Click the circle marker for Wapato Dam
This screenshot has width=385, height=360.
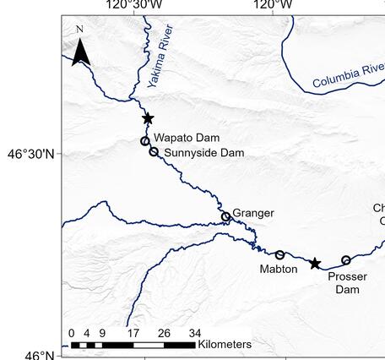click(x=145, y=141)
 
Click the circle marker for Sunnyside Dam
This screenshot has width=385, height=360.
click(x=154, y=152)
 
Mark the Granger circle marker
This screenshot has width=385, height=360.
click(x=225, y=217)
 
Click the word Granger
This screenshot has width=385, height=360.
click(x=253, y=213)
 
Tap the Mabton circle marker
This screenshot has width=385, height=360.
click(x=280, y=255)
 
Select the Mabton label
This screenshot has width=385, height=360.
click(x=279, y=270)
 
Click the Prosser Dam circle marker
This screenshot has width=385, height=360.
click(x=346, y=260)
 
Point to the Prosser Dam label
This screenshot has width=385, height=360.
click(x=343, y=283)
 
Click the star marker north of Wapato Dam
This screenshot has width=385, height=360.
click(x=148, y=119)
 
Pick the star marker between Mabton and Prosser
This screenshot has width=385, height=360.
click(x=315, y=264)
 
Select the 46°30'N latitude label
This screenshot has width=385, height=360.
click(x=30, y=155)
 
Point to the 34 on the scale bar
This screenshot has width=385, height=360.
click(x=194, y=332)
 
